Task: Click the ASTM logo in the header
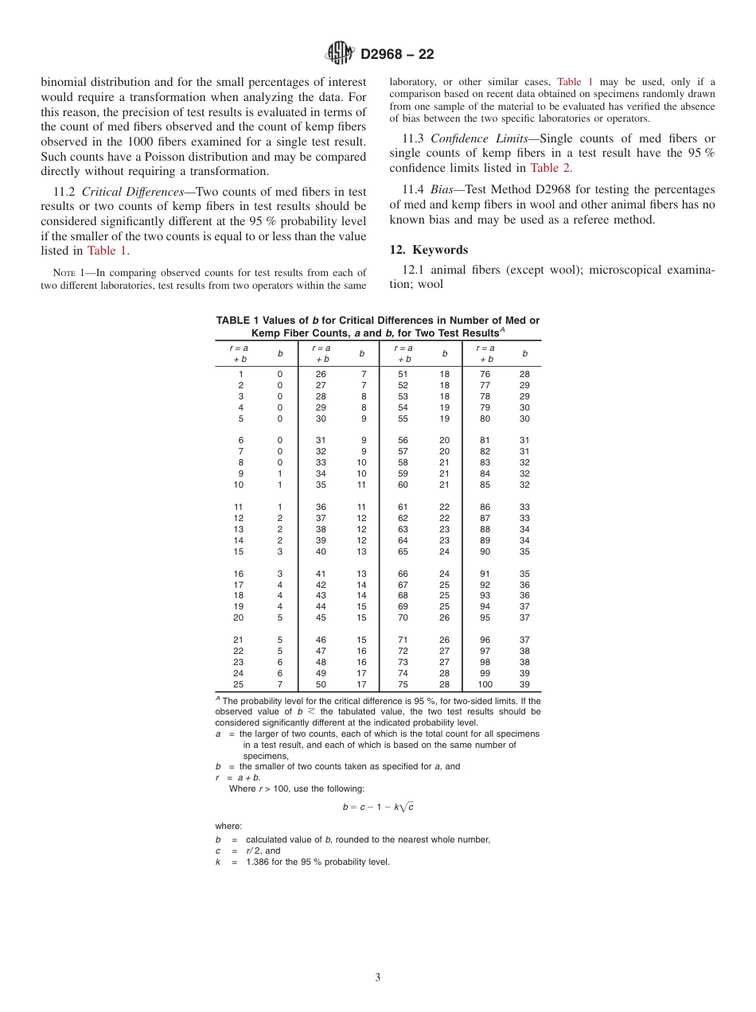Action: click(341, 53)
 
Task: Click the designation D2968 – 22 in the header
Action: click(397, 54)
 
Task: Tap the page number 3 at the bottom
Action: click(378, 977)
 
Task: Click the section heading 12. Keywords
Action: click(429, 249)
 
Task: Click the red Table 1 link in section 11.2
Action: click(107, 251)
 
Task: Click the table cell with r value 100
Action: click(485, 684)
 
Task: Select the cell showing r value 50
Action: click(321, 684)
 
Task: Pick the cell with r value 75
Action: click(403, 684)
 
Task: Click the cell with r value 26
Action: click(321, 374)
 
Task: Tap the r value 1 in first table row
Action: click(240, 374)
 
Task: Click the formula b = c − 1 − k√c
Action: click(377, 807)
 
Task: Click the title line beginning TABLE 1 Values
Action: click(377, 321)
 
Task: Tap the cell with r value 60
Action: click(403, 485)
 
